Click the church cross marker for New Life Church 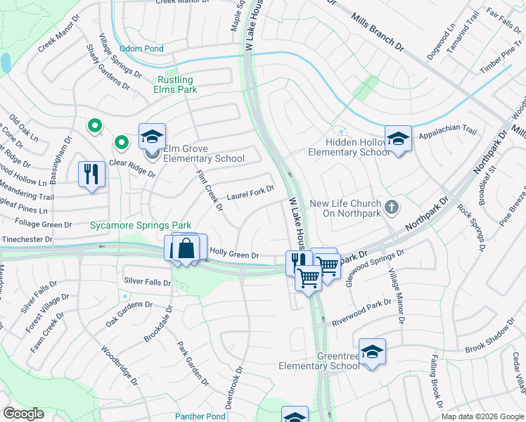coord(392,207)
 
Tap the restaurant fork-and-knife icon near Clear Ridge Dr coord(91,174)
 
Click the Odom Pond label coord(141,49)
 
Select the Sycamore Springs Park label coord(141,225)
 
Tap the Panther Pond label coord(200,416)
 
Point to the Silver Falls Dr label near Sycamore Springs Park coord(148,281)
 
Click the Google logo coord(24,414)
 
